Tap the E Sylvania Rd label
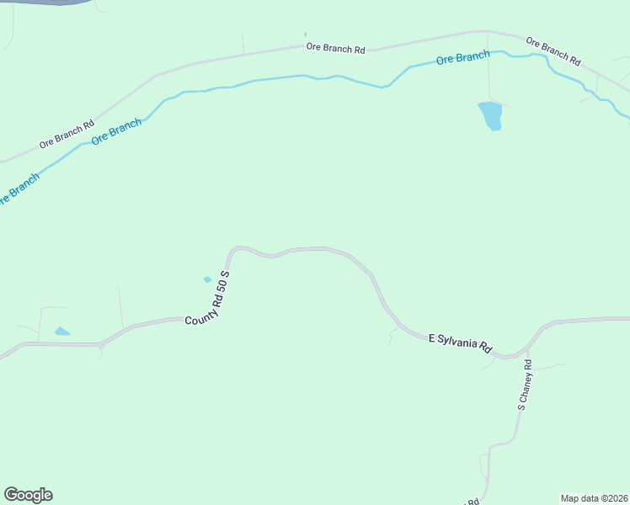tap(460, 342)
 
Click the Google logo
tap(28, 495)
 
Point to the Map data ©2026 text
tap(594, 498)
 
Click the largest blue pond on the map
tap(490, 114)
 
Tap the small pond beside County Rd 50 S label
tap(207, 279)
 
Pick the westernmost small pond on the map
tap(61, 332)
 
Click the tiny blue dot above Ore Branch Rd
tap(305, 35)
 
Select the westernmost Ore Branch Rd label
tap(66, 135)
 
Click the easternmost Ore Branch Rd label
tap(553, 50)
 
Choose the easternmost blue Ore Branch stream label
tap(462, 58)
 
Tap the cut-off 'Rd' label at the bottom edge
tap(472, 502)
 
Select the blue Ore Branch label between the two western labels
tap(116, 132)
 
